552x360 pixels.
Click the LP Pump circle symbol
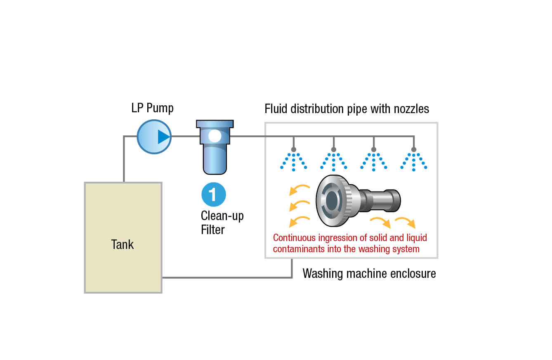tap(154, 137)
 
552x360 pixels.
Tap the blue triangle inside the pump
tap(163, 137)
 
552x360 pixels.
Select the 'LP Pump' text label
tap(152, 108)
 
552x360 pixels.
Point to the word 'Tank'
tap(123, 244)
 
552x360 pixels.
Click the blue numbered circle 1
tap(213, 194)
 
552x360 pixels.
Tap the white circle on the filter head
tap(215, 136)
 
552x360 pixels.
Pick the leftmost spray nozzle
tap(293, 149)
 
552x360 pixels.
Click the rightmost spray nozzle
tap(414, 149)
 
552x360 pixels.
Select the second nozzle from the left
tap(333, 149)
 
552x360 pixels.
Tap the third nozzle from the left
tap(374, 149)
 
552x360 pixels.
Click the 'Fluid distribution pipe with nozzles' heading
tap(347, 109)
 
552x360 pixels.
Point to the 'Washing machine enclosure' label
tap(369, 273)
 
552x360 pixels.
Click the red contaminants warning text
tap(350, 243)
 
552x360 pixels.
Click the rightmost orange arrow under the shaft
tap(406, 223)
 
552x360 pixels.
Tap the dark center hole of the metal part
tap(331, 200)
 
